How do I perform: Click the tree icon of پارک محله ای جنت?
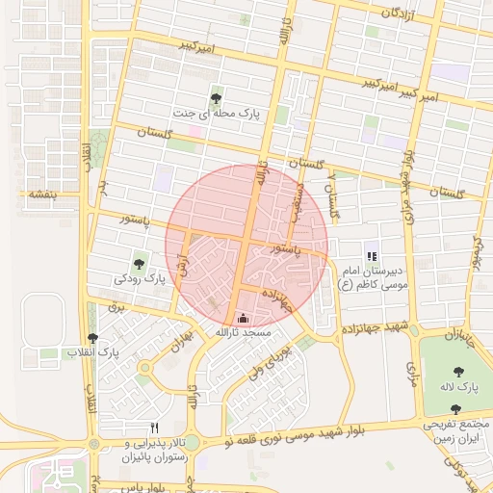pos(216,97)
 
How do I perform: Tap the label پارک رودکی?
pos(141,279)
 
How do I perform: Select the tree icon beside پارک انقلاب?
pos(92,338)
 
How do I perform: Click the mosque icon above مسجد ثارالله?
pos(242,317)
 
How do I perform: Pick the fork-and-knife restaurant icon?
pos(154,428)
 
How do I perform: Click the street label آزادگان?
pos(404,13)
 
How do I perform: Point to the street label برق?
pos(117,308)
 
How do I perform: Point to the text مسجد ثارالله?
pos(244,332)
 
